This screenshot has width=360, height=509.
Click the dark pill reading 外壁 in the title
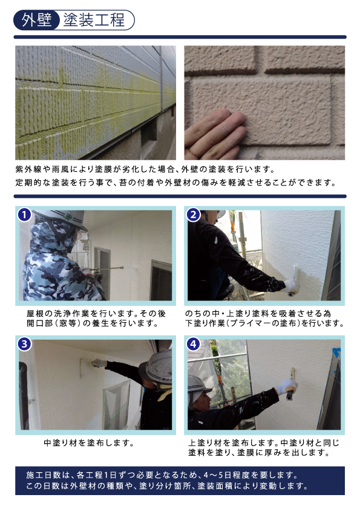point(36,20)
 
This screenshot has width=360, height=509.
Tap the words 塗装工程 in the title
point(94,20)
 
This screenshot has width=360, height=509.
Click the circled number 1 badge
point(24,215)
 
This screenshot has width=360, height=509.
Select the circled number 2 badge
point(194,215)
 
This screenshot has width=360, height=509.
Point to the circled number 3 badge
point(24,344)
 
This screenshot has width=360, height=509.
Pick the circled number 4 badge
point(194,344)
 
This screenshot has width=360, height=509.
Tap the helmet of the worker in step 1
point(61,218)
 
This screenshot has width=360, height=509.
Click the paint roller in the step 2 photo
point(293,279)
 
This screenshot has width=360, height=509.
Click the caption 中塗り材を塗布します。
point(89,443)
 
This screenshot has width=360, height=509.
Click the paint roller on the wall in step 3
point(82,368)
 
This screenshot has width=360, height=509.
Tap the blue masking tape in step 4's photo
point(336,353)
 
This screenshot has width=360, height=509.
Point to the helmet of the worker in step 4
point(198,384)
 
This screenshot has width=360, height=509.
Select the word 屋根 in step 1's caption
point(36,314)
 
